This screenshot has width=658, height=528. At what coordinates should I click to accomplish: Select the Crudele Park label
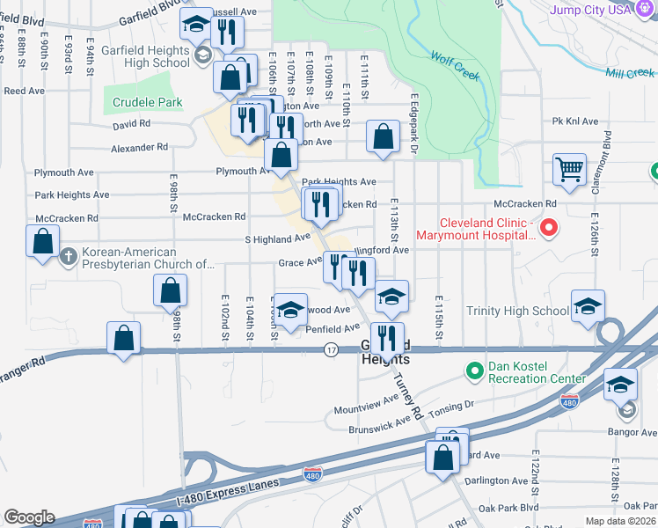148,103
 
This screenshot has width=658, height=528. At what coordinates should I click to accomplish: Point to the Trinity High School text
517,311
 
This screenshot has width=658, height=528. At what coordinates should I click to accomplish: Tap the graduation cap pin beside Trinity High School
588,306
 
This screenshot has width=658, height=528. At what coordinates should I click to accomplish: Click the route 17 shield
331,350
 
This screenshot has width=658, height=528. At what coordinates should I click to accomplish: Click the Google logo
29,517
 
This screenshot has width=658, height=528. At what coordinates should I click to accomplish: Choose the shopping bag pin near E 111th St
383,136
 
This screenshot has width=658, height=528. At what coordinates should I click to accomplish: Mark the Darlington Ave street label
495,480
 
